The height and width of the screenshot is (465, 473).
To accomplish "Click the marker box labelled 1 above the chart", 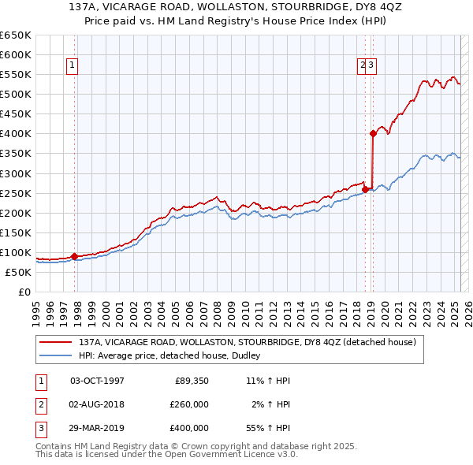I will click(x=72, y=66).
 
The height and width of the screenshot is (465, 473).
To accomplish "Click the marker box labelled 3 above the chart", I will click(x=371, y=66).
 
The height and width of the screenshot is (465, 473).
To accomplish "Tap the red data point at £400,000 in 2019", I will click(x=374, y=133).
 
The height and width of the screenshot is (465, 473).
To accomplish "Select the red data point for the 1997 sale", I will click(x=74, y=256).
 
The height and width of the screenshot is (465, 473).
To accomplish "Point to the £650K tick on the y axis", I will click(x=17, y=35).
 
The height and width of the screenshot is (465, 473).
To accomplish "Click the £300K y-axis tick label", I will click(x=17, y=173).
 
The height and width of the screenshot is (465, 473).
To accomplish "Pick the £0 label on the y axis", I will click(x=24, y=292).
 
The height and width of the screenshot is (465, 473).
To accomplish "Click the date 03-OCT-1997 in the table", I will click(x=97, y=381).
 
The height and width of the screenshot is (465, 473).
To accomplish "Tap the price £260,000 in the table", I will click(x=189, y=404).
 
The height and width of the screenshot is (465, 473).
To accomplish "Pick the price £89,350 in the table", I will click(x=192, y=381).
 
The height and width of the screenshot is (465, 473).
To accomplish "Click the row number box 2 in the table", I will click(x=40, y=404).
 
